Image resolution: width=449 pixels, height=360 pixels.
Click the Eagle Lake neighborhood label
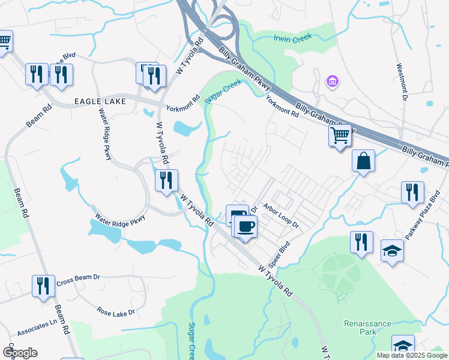[x=100, y=101]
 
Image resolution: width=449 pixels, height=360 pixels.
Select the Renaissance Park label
[x=367, y=327]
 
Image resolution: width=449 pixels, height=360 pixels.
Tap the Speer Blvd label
[x=280, y=253]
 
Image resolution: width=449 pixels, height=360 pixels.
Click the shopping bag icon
[x=363, y=161]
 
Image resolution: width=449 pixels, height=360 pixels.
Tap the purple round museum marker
[x=331, y=80]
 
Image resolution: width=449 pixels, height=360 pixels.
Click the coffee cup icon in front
[x=245, y=227]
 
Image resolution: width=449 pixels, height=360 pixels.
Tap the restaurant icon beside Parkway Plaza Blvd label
[x=412, y=192]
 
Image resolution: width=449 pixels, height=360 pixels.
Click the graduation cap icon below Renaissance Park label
[x=403, y=346]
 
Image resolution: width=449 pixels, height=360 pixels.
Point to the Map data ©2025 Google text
[x=412, y=355]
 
